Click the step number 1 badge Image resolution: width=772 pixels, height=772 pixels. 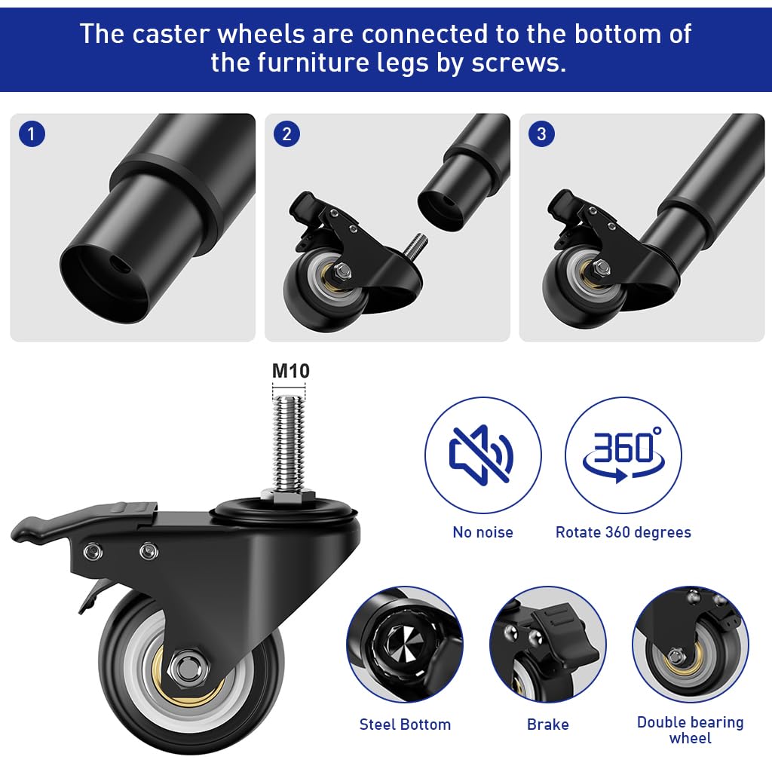coord(31,135)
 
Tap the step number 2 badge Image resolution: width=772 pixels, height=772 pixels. coord(286,135)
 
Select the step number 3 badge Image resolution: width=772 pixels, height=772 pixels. coord(541,135)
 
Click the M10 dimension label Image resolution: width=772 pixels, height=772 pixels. coord(290,371)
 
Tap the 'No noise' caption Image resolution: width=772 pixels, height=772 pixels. coord(482,532)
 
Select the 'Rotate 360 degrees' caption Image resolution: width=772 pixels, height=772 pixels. coord(623,532)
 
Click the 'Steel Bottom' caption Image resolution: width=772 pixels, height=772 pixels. coord(405,725)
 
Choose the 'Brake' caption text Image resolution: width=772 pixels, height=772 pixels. coord(548,725)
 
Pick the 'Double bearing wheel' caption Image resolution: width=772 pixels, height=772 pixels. coord(690,730)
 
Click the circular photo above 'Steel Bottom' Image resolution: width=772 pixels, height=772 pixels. coord(405,645)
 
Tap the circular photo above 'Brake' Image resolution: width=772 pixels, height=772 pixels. coord(548,645)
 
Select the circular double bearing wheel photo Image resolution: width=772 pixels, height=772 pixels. coord(690,645)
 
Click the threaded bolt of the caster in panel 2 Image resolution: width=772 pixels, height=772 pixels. coord(415,246)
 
